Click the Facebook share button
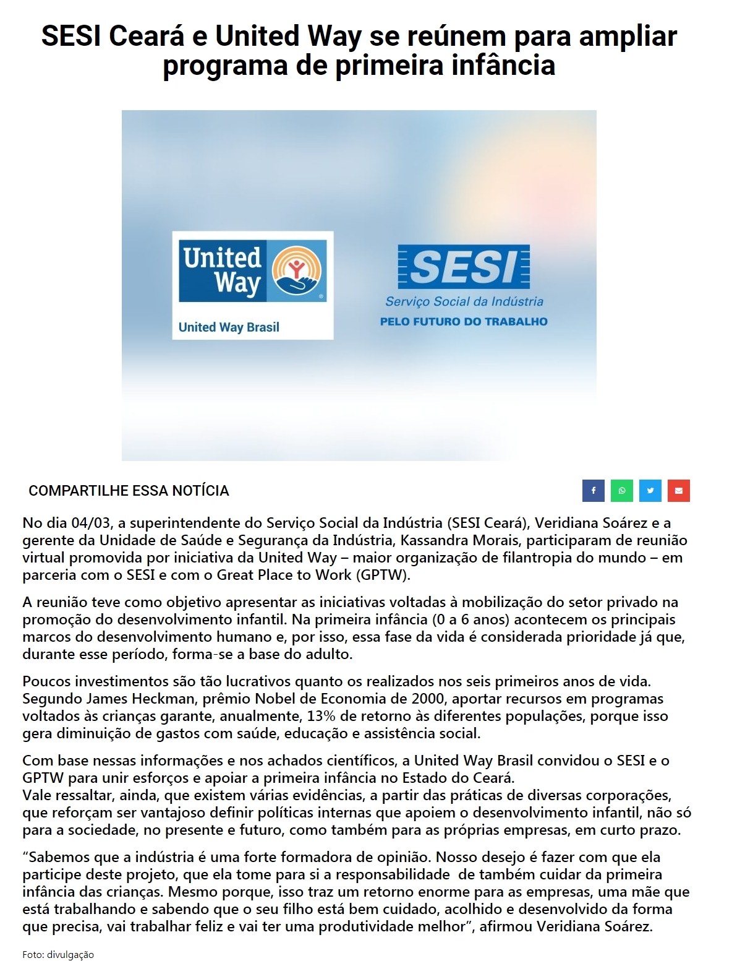click(x=593, y=491)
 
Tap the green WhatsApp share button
click(x=621, y=491)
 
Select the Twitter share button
click(x=650, y=491)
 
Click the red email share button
click(x=678, y=491)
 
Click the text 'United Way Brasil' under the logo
click(x=229, y=327)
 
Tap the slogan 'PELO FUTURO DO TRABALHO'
click(x=464, y=321)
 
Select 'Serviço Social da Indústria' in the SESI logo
click(x=464, y=301)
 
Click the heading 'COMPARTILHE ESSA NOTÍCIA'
click(x=129, y=491)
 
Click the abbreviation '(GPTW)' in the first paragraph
click(x=381, y=575)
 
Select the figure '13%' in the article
click(x=322, y=716)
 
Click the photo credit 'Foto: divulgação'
click(x=58, y=954)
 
